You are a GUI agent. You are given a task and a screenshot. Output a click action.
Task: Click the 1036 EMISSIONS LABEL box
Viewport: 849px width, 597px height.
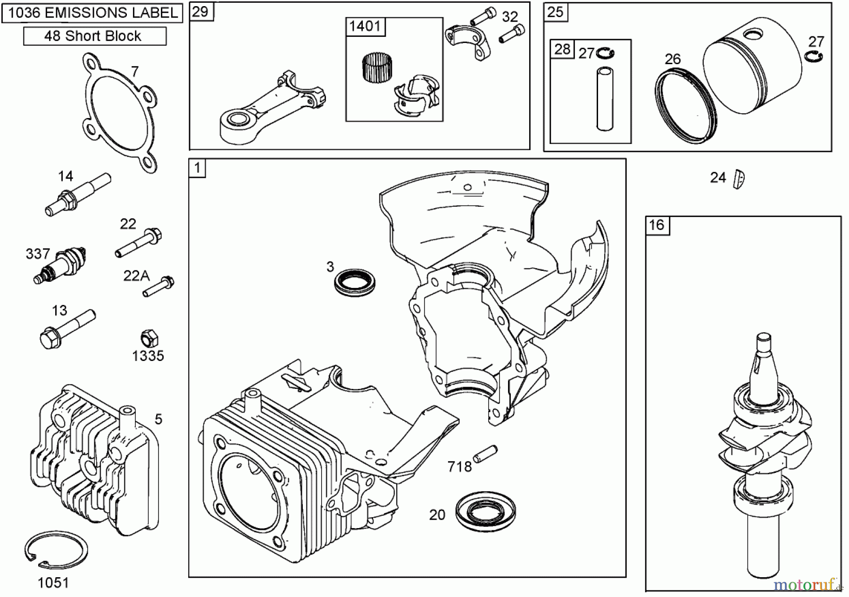(92, 13)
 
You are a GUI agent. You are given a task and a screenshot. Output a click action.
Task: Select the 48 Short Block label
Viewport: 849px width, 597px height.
(94, 36)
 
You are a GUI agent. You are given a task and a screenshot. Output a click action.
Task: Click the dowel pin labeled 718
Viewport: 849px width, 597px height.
(485, 454)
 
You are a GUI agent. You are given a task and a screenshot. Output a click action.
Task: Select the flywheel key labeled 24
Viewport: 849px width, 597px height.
(739, 179)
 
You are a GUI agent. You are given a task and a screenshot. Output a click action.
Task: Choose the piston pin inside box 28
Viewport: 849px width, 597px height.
(605, 99)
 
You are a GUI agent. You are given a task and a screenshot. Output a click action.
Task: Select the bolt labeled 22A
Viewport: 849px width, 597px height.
(159, 286)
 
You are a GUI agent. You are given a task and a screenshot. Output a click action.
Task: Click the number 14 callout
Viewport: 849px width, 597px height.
(66, 176)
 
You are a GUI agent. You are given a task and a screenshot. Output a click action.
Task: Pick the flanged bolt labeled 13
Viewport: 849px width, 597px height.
(66, 328)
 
